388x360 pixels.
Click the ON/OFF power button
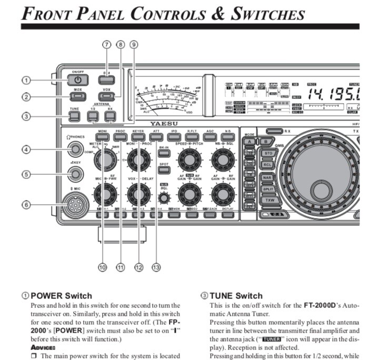pos(77,80)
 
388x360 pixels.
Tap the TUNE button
pos(75,115)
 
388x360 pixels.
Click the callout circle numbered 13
pos(155,267)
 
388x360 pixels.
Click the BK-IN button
pos(163,149)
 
